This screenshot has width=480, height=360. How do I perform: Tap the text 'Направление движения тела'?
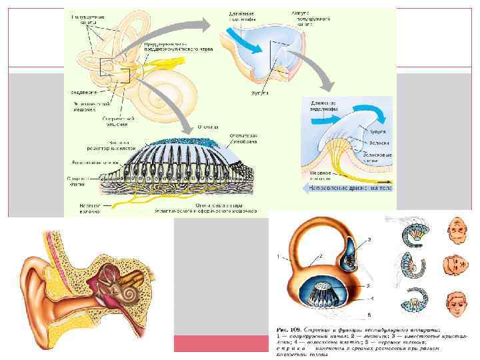[347, 189]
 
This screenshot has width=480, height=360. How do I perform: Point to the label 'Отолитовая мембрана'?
[243, 139]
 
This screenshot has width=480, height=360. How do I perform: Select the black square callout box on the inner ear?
[114, 70]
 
